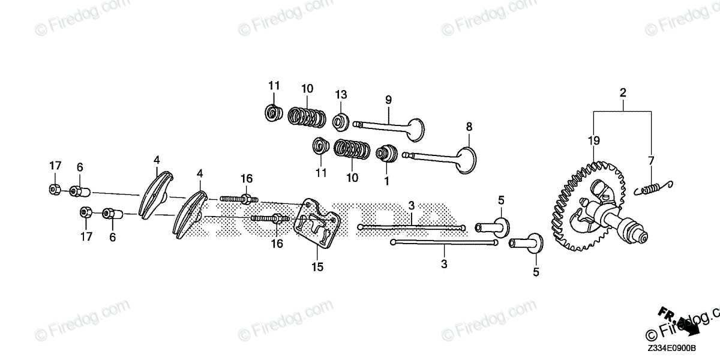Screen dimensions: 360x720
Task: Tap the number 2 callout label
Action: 623,93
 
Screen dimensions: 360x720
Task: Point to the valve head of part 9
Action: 413,127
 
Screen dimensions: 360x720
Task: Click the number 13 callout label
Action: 341,94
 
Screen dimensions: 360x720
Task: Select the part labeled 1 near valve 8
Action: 386,154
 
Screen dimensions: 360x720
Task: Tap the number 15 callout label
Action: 318,267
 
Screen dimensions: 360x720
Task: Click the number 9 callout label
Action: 388,99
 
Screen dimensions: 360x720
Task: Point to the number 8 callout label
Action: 469,127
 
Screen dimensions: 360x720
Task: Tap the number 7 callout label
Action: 652,161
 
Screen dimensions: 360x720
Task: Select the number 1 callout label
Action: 387,180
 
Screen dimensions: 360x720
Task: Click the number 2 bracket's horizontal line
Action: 623,111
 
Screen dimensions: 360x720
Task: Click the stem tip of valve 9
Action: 356,124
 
